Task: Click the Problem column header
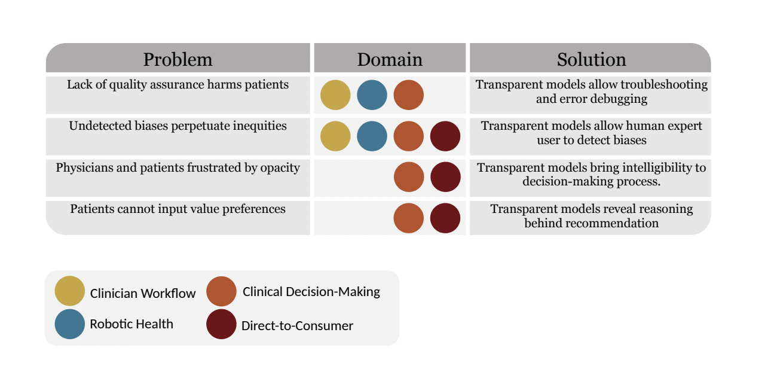(178, 59)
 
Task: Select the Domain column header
(390, 59)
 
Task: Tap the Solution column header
(591, 59)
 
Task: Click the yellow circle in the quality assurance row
(335, 95)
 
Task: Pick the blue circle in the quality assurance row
(372, 95)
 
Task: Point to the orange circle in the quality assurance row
(409, 95)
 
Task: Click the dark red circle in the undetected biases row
(445, 136)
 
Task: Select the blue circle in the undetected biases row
(372, 136)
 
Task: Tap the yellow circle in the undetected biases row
(335, 136)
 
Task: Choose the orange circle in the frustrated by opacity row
(409, 177)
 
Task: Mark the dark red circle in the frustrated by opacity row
(445, 177)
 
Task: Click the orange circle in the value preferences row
(409, 218)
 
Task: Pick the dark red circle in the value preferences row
(445, 218)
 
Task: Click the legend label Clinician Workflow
(143, 294)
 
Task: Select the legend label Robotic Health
(131, 324)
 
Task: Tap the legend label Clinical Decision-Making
(311, 292)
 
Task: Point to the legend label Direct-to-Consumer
(297, 326)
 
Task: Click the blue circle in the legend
(69, 324)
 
